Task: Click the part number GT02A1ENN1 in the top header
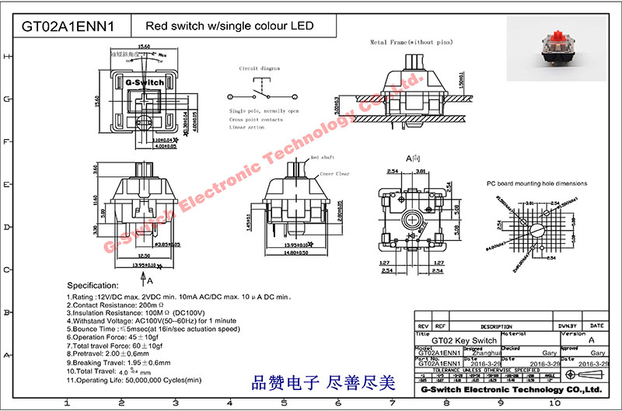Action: pos(68,26)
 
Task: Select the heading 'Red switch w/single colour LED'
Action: pos(225,26)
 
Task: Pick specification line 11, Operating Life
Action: pos(135,381)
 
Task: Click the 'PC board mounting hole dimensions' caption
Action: pos(536,184)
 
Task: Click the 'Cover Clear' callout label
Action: pos(334,175)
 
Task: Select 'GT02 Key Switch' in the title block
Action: pos(464,341)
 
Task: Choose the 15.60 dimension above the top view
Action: pos(144,47)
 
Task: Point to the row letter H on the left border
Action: pos(7,56)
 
